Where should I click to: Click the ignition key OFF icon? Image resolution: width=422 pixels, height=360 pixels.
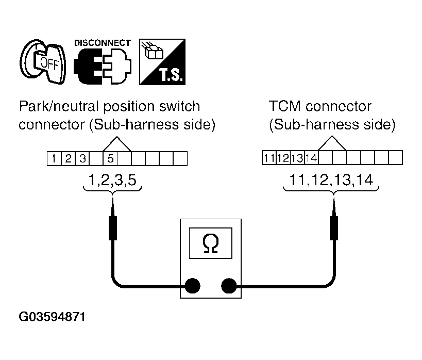point(43,62)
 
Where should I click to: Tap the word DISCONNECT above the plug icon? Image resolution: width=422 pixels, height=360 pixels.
point(102,43)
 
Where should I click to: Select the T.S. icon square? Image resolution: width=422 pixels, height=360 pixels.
point(162,62)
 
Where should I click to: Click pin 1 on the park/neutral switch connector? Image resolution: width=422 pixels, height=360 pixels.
point(54,159)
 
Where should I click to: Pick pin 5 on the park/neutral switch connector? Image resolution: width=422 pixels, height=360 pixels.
point(110,159)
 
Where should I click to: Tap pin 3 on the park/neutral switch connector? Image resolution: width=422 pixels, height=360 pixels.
point(82,159)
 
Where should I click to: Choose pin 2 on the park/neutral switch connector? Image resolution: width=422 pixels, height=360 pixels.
point(69,159)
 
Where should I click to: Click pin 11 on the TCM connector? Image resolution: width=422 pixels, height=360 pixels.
point(269,158)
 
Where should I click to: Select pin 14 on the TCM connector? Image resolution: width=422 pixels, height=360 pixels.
point(311,158)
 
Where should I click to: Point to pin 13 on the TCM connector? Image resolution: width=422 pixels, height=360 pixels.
point(297,158)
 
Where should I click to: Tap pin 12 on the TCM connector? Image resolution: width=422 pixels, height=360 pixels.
point(283,158)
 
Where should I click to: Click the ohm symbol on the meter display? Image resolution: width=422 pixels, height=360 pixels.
point(210,243)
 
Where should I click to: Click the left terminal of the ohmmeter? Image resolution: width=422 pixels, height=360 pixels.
point(192,286)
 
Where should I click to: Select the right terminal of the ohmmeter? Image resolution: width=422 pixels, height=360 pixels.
point(229,286)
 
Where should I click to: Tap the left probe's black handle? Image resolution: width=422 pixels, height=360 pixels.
point(113,227)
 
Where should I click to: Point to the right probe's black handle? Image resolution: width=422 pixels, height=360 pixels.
point(334,227)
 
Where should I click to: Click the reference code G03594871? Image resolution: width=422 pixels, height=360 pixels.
point(52,317)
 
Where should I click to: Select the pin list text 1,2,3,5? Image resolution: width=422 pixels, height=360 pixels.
point(112,180)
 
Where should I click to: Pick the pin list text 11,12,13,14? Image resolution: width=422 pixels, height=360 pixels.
point(331,179)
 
